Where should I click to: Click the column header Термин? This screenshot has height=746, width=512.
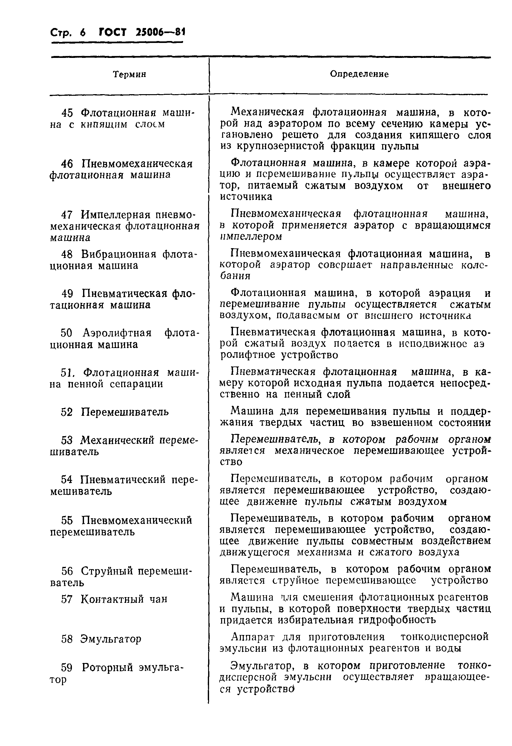pyautogui.click(x=130, y=74)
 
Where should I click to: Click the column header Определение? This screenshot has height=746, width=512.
pyautogui.click(x=359, y=74)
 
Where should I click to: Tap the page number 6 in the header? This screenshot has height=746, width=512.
pyautogui.click(x=83, y=33)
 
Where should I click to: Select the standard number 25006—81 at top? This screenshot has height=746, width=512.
pyautogui.click(x=160, y=32)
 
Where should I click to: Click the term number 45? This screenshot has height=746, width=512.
pyautogui.click(x=67, y=113)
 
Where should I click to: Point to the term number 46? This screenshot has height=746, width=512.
pyautogui.click(x=67, y=164)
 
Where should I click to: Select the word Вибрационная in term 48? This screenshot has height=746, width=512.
pyautogui.click(x=118, y=254)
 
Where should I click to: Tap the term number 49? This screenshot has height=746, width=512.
pyautogui.click(x=67, y=293)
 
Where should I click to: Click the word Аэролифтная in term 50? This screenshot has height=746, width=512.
pyautogui.click(x=117, y=333)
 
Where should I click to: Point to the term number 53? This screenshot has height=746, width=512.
pyautogui.click(x=67, y=440)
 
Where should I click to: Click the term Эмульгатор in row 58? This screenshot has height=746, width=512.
pyautogui.click(x=110, y=639)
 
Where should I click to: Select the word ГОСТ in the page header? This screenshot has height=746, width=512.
pyautogui.click(x=113, y=32)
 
